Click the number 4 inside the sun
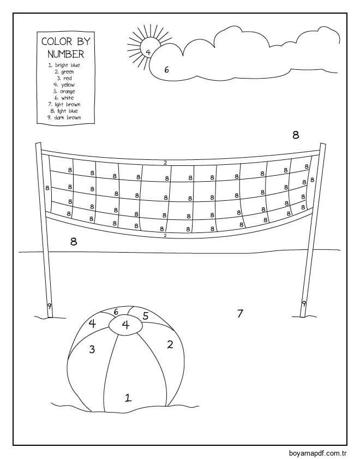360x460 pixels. click(x=148, y=52)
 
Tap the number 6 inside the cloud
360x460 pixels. click(x=167, y=69)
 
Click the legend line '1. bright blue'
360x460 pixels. click(x=64, y=65)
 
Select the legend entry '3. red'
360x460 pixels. click(x=64, y=79)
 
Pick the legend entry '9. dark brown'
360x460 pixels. click(x=64, y=117)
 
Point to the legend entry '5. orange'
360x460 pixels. click(x=64, y=92)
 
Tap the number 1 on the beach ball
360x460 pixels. click(x=128, y=397)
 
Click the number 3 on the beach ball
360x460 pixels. click(x=92, y=349)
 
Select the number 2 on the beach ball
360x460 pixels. click(x=170, y=344)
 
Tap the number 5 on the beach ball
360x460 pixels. click(x=146, y=315)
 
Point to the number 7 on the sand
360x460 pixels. click(x=240, y=313)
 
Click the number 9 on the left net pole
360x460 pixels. click(x=49, y=306)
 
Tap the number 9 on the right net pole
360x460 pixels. click(x=304, y=303)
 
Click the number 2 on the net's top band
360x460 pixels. click(x=165, y=163)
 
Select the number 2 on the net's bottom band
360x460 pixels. click(x=165, y=236)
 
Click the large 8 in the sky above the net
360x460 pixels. click(x=296, y=135)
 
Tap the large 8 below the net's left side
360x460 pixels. click(x=74, y=241)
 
